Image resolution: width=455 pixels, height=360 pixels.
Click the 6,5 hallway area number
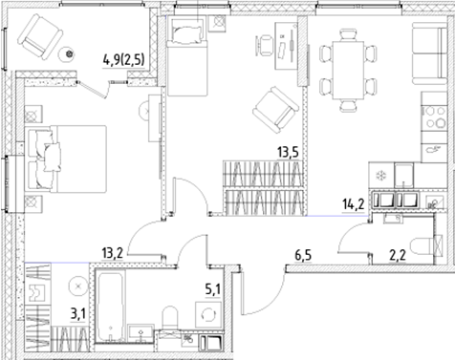point(304,254)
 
